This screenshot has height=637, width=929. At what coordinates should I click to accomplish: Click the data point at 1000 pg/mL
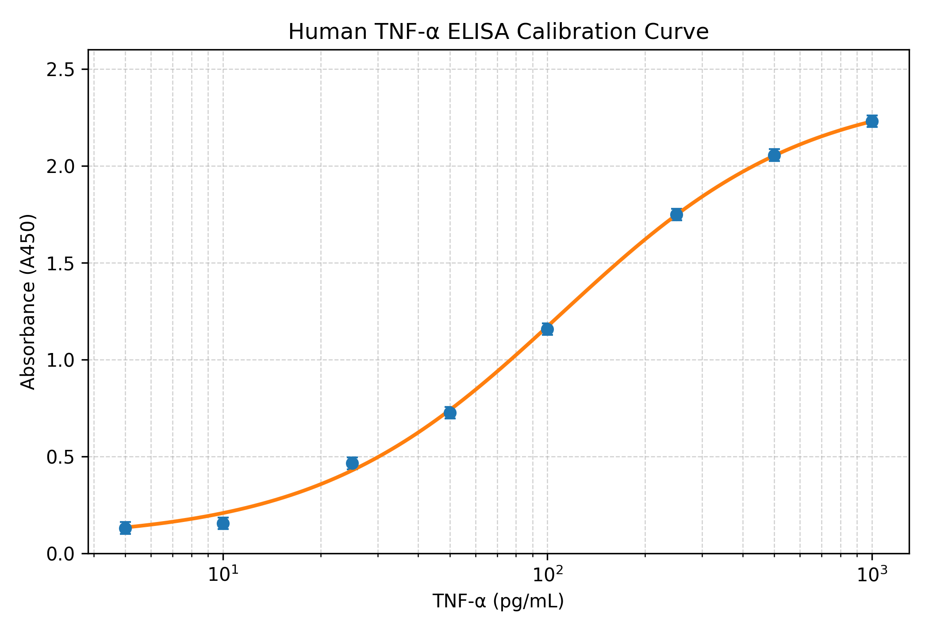pyautogui.click(x=872, y=121)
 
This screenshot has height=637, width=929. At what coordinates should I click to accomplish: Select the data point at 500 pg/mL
pyautogui.click(x=774, y=155)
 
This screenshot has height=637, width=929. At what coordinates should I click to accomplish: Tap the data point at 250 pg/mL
pyautogui.click(x=676, y=215)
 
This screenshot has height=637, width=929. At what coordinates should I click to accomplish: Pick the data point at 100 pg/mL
pyautogui.click(x=547, y=329)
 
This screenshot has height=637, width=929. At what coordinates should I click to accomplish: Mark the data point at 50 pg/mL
pyautogui.click(x=450, y=413)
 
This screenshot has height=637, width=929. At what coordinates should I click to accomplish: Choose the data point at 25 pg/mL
pyautogui.click(x=352, y=464)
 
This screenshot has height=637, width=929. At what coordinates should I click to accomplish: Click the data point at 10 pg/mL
pyautogui.click(x=223, y=523)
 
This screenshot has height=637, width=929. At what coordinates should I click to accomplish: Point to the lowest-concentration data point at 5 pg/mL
pyautogui.click(x=125, y=528)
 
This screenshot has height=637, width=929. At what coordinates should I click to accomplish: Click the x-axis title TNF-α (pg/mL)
pyautogui.click(x=498, y=602)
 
